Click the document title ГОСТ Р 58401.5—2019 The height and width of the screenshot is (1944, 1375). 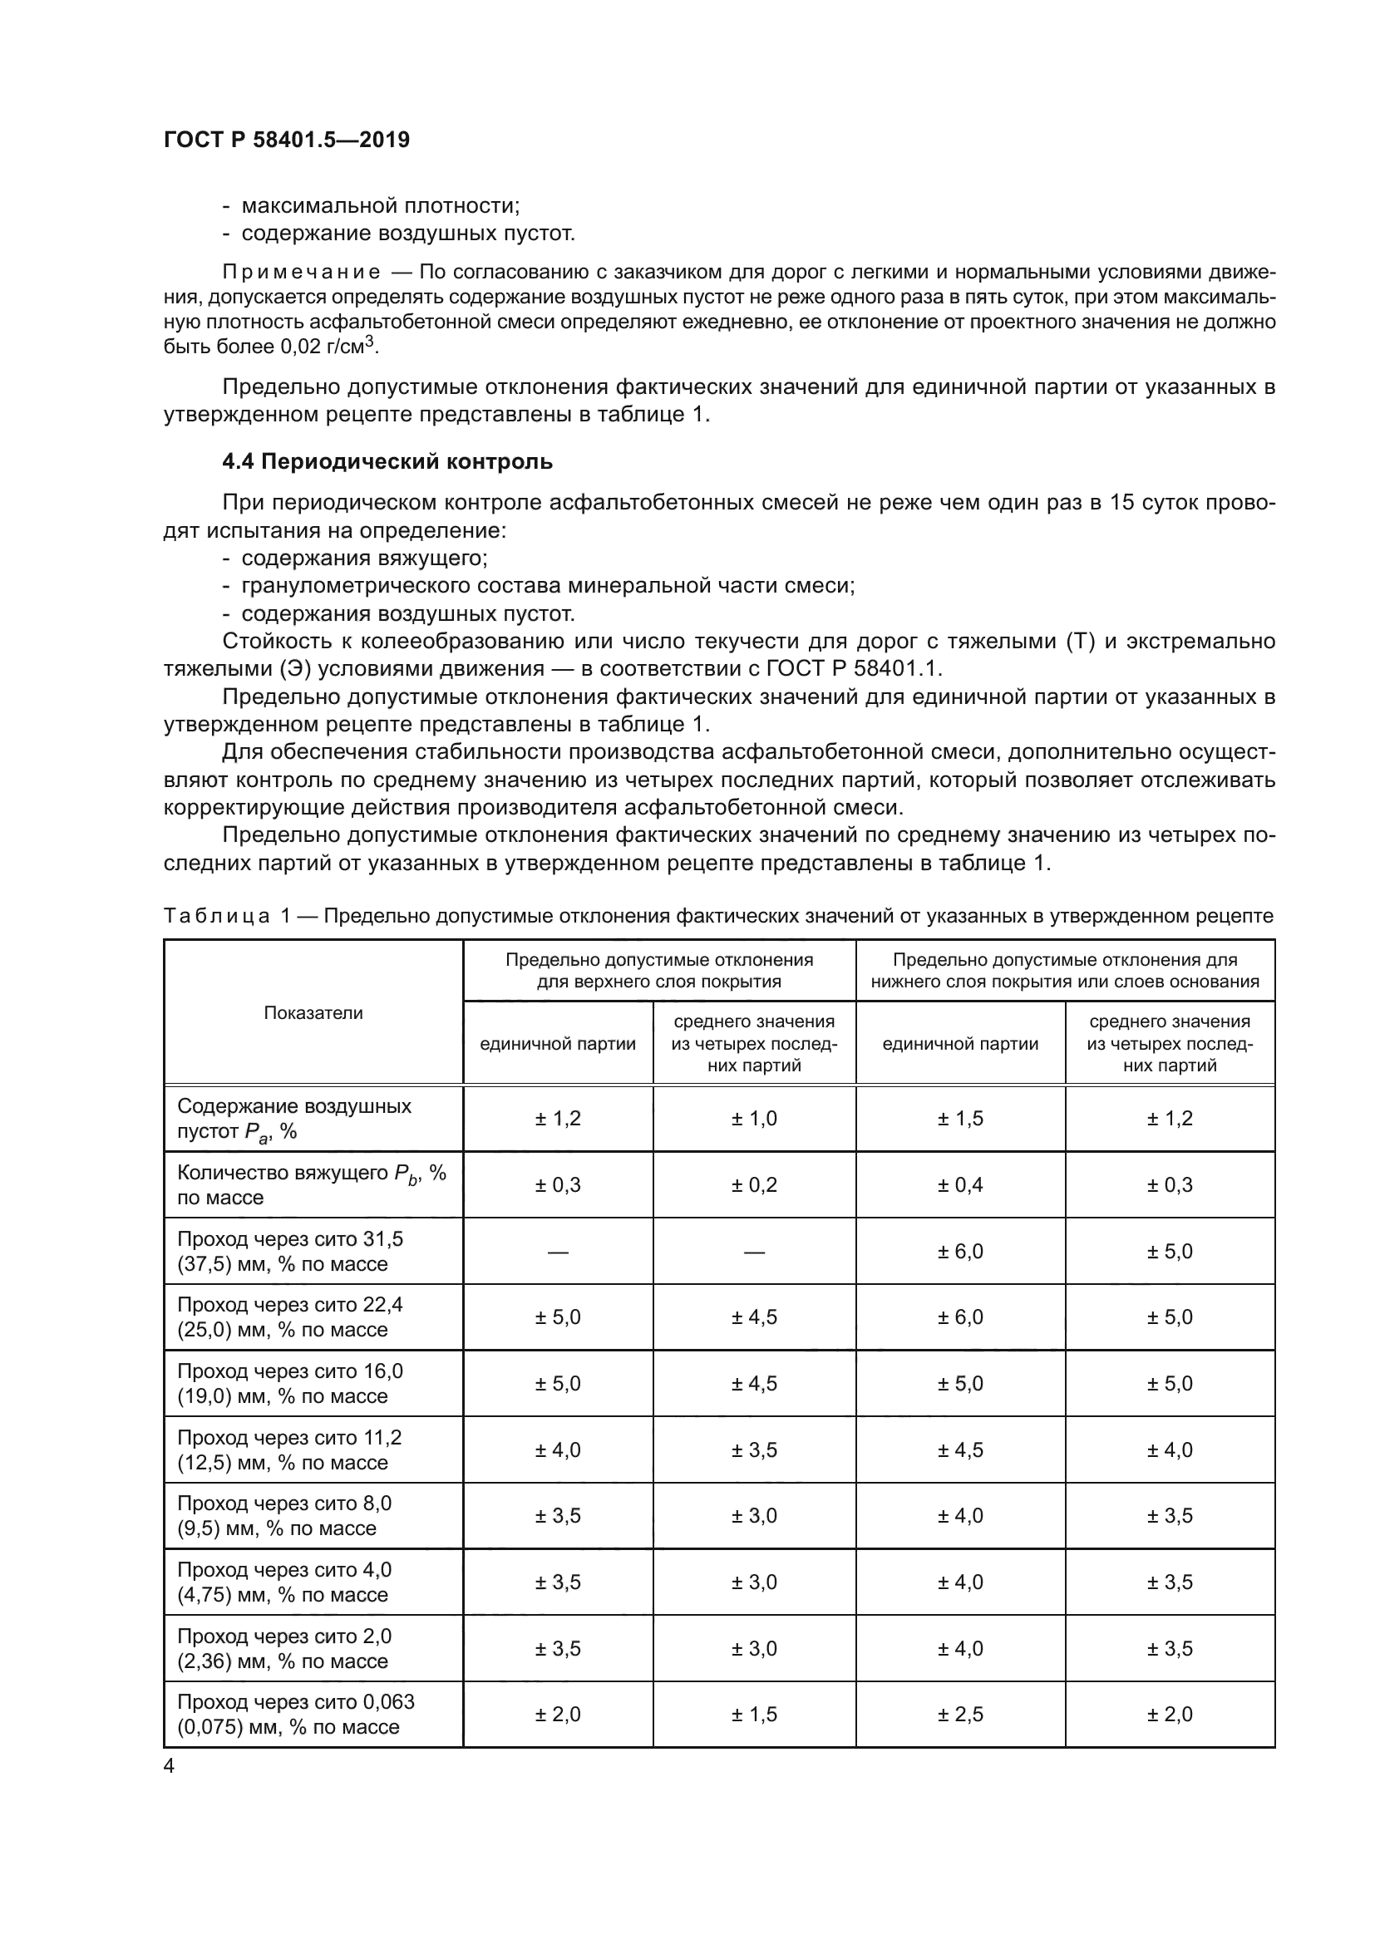click(286, 140)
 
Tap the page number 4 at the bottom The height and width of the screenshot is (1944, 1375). click(170, 1766)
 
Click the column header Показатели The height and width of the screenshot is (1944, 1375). click(313, 1012)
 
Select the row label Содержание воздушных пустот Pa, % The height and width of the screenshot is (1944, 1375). click(293, 1119)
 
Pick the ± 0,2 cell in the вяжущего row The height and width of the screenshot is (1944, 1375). click(753, 1184)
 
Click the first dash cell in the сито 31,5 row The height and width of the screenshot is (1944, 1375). click(557, 1252)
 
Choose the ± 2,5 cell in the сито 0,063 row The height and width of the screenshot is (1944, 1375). click(959, 1715)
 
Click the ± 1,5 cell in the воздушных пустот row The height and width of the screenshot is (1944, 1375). click(959, 1119)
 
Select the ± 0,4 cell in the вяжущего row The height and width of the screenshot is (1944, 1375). click(959, 1184)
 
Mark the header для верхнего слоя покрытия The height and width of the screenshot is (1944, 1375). click(658, 970)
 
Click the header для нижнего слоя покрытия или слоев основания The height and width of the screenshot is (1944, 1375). click(1064, 970)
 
